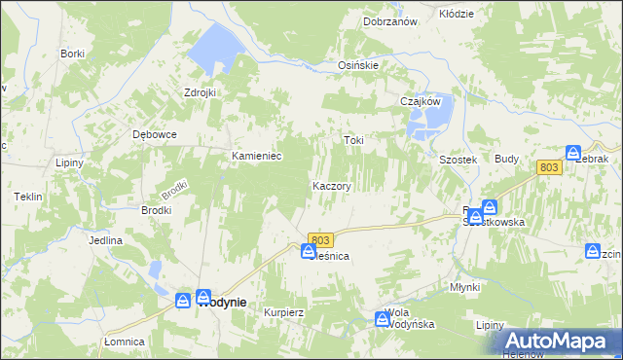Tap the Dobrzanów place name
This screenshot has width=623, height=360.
pos(389,21)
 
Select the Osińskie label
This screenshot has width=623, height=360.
pos(357,65)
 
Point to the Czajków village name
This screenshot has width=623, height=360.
pos(421,101)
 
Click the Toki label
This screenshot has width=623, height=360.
pos(353,140)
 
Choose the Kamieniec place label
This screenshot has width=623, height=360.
pos(256,156)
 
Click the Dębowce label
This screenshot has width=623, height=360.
pos(155,135)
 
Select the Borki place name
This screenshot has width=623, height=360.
pos(72,54)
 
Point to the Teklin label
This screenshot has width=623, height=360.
pos(27,197)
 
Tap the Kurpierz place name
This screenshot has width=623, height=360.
pos(285,313)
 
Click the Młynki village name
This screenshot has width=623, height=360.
pos(465,287)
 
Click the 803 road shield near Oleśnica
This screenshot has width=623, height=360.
pos(321,239)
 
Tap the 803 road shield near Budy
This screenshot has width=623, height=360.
pos(549,168)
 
